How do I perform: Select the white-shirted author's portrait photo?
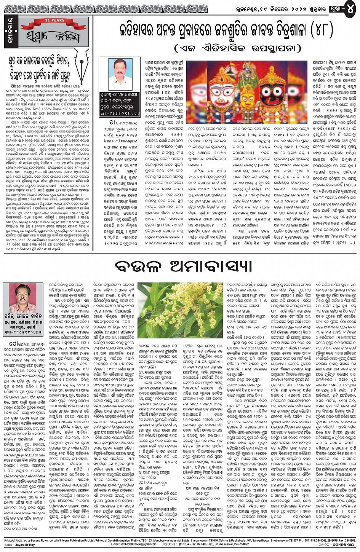pyautogui.click(x=121, y=74)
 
